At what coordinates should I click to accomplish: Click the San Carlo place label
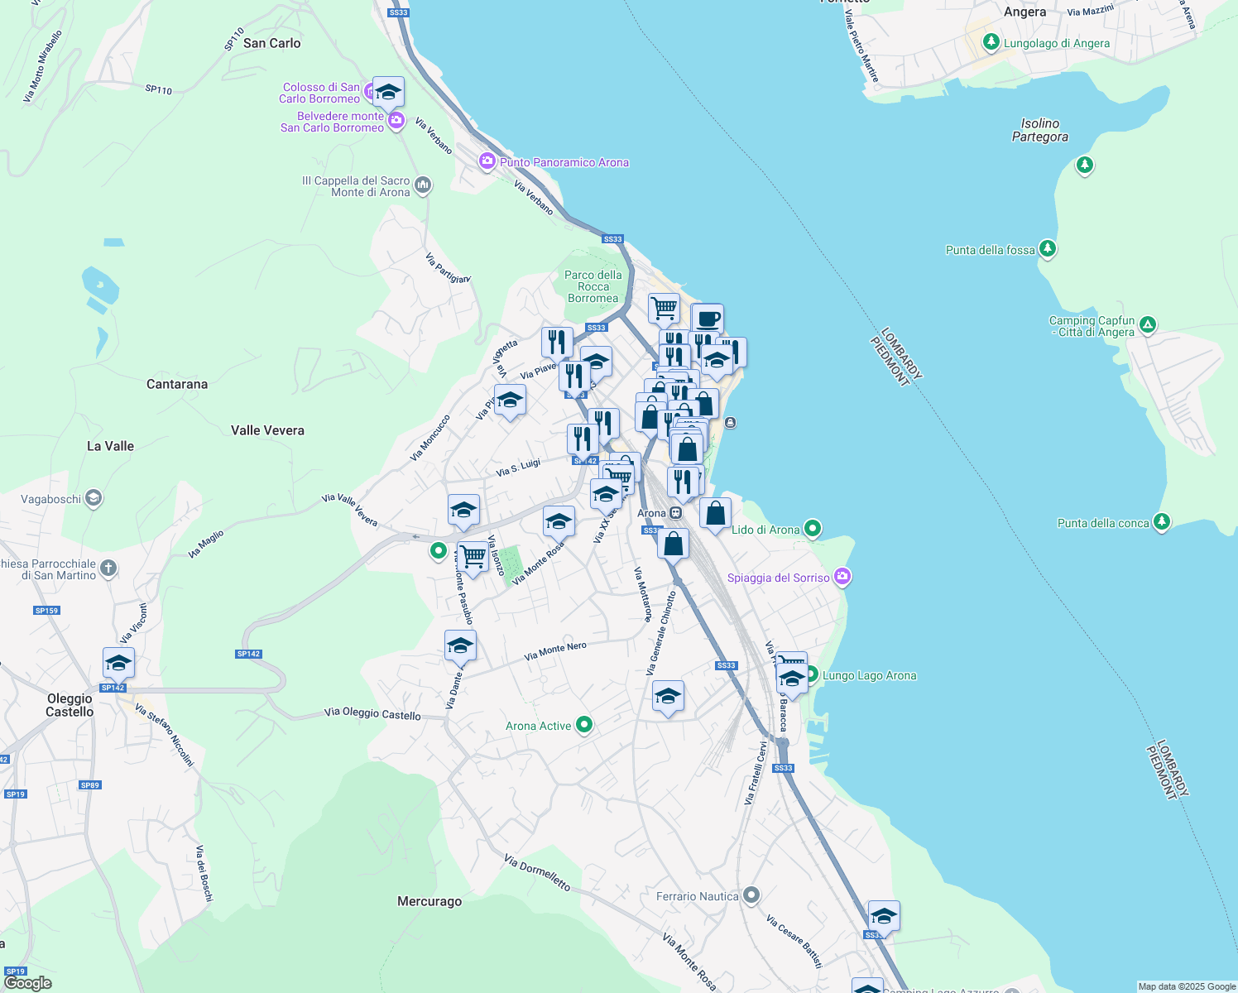click(271, 43)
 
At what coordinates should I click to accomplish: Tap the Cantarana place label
click(177, 384)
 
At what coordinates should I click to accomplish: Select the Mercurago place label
click(429, 901)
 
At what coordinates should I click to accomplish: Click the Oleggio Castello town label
click(70, 705)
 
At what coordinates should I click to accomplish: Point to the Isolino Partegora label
click(1039, 130)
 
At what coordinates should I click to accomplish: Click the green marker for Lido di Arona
click(813, 528)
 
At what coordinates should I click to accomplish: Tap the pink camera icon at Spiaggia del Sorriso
click(842, 577)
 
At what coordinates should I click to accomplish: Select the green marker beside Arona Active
click(584, 725)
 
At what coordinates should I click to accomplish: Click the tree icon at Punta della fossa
click(1048, 248)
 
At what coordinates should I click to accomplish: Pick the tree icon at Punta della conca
click(1162, 521)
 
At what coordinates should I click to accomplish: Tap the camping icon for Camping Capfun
click(1147, 324)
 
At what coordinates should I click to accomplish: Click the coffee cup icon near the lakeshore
click(708, 319)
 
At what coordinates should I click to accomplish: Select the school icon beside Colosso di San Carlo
click(388, 92)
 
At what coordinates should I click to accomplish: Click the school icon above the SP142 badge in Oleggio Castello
click(118, 663)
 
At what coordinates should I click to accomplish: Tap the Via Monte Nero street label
click(555, 652)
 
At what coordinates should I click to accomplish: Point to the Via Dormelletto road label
click(537, 873)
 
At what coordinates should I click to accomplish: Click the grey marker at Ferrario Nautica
click(751, 895)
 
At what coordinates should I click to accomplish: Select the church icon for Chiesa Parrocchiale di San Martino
click(108, 568)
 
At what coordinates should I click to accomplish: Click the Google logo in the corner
click(27, 983)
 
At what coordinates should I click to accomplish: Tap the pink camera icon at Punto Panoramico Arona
click(487, 161)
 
